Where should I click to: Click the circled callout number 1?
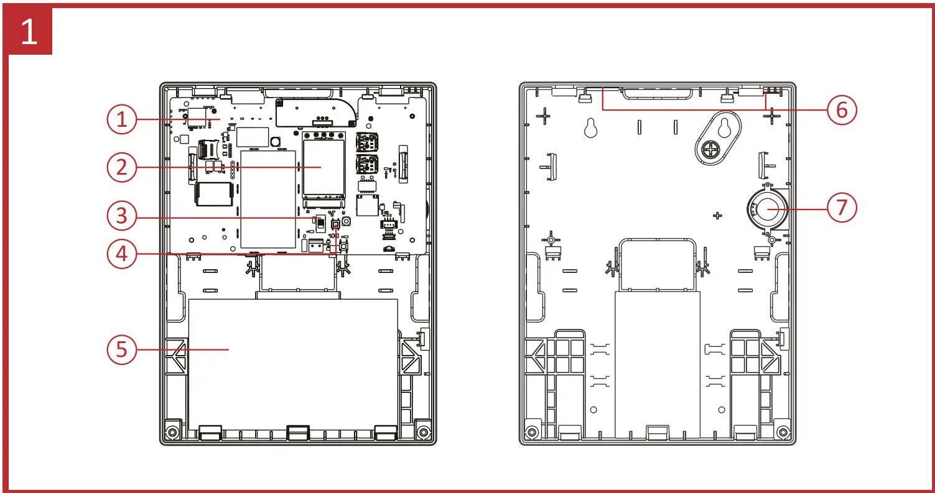(x=122, y=120)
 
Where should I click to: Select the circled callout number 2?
(x=122, y=167)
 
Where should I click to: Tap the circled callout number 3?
(x=122, y=216)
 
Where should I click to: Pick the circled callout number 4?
(x=122, y=254)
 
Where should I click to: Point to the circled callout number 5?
(x=122, y=349)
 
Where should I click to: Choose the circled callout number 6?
(x=842, y=110)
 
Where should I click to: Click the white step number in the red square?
(x=29, y=33)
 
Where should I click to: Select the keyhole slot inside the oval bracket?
(x=723, y=127)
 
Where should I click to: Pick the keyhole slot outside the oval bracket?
(x=590, y=127)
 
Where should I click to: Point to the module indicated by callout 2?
(x=323, y=166)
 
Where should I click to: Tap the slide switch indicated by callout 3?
(x=320, y=223)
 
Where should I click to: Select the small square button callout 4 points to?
(x=336, y=225)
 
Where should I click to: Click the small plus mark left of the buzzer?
(x=718, y=215)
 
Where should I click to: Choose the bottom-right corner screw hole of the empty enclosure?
(x=783, y=431)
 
